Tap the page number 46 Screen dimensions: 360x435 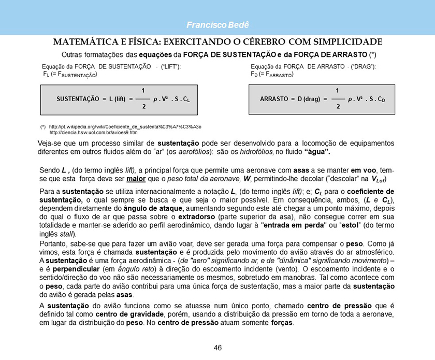218,348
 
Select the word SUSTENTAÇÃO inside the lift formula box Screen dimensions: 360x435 78,98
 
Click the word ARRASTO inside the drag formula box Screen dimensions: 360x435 274,98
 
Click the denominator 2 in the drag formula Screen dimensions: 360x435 338,106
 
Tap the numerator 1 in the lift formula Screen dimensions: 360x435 143,91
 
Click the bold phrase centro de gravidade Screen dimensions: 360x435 129,315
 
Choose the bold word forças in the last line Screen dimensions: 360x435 282,323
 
